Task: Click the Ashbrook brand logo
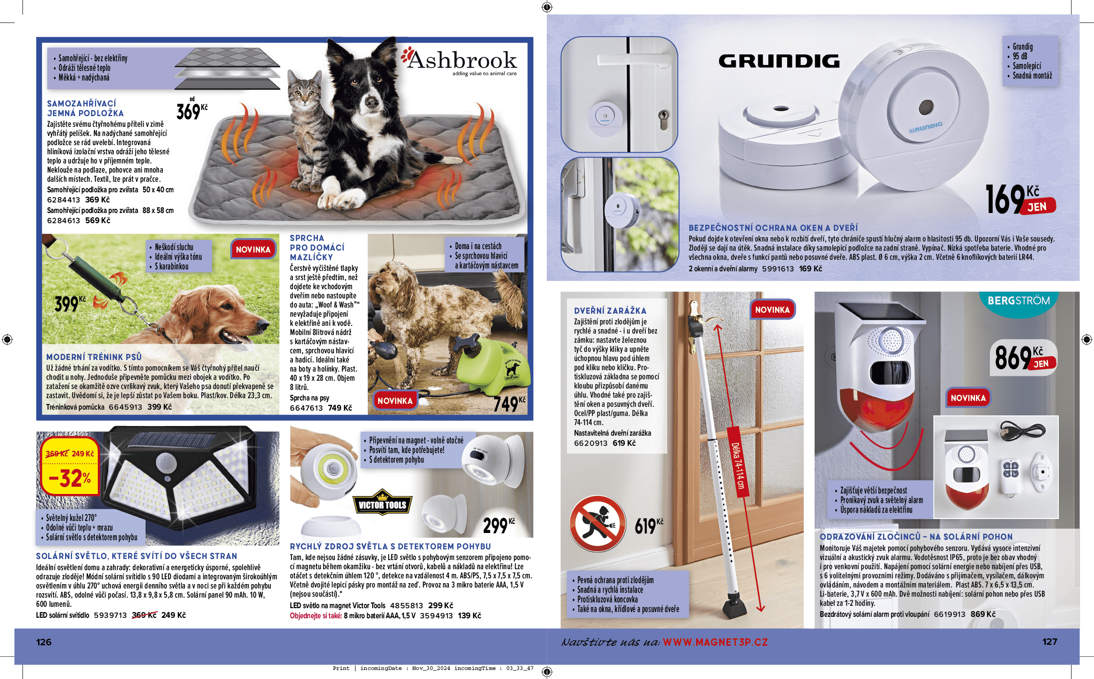point(460,61)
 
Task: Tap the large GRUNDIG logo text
point(779,61)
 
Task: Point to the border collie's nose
point(371,102)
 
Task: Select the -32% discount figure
point(70,478)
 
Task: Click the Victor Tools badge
point(382,504)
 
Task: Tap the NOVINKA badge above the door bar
point(772,310)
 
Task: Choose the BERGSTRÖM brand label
point(1018,301)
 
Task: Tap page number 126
point(44,642)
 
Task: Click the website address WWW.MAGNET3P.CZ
point(715,642)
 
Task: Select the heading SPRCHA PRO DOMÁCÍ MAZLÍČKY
point(317,248)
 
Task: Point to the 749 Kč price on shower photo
point(509,404)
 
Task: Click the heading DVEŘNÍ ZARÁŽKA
point(610,311)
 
